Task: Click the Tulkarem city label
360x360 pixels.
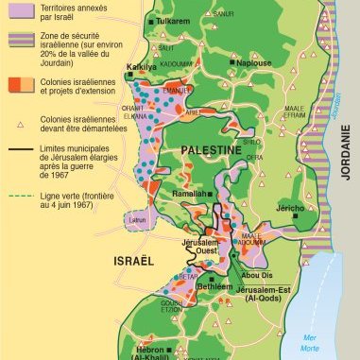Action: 177,19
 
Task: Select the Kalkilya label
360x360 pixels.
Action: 143,68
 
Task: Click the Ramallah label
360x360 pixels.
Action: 186,193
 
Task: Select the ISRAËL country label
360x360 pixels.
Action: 130,258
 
